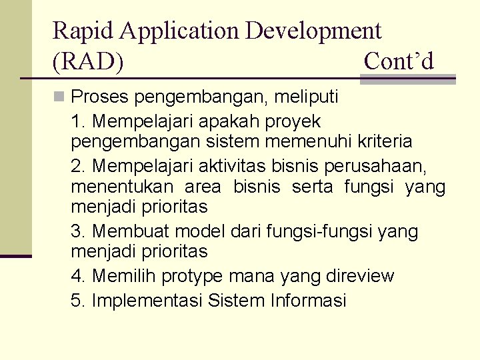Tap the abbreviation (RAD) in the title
88,61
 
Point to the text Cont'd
399,61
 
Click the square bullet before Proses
60,97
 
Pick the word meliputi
309,97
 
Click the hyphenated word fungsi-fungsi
320,231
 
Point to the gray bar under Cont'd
407,80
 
